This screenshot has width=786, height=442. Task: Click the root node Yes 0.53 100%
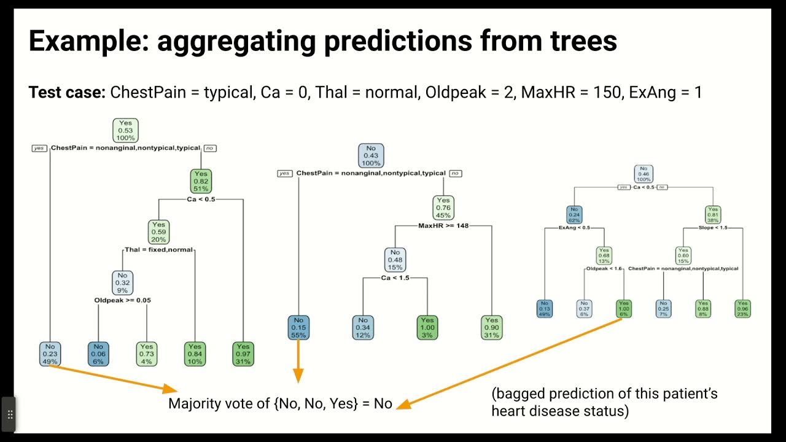[125, 130]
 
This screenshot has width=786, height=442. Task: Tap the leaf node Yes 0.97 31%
[243, 354]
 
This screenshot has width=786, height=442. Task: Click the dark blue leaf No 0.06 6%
[98, 354]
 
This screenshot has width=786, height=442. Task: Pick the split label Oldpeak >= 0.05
[122, 300]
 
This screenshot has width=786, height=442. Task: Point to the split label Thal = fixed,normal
[158, 250]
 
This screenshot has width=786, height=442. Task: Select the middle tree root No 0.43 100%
[371, 155]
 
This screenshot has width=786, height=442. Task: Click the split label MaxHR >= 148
[443, 226]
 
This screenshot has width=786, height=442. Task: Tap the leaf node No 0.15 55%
[298, 327]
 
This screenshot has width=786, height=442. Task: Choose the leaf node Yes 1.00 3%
[427, 327]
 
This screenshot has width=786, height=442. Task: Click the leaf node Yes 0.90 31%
[492, 327]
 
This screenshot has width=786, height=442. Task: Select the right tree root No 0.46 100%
[644, 174]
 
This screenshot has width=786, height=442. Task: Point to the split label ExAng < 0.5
[574, 228]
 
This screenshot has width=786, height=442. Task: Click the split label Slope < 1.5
[713, 228]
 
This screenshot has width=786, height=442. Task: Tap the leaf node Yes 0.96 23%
[743, 308]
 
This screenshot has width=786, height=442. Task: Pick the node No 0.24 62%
[574, 214]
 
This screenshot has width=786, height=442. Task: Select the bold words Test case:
[66, 93]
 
